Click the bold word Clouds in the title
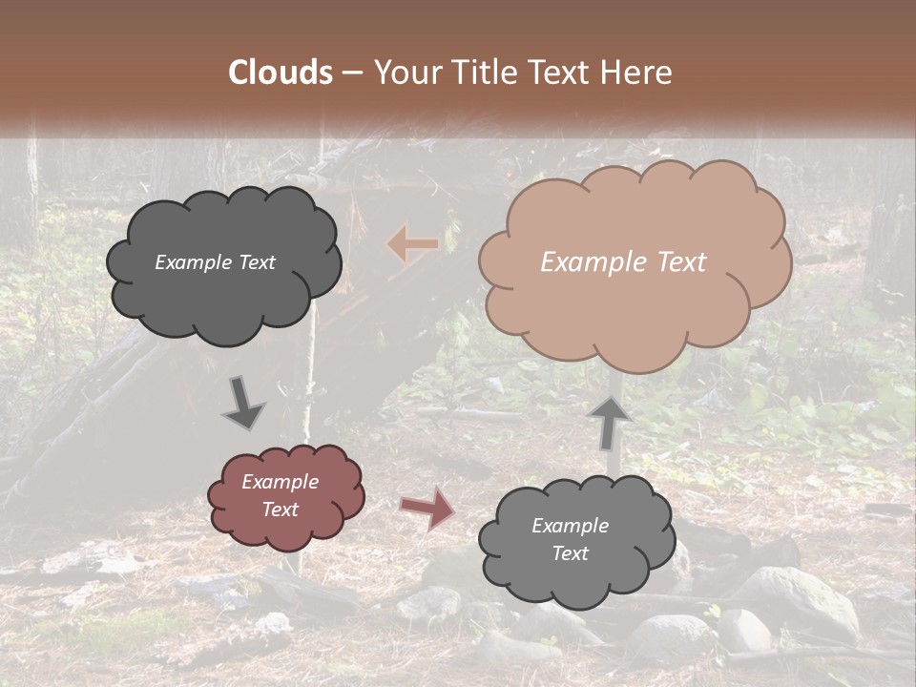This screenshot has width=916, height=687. tap(280, 73)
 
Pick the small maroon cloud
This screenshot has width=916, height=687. tap(286, 496)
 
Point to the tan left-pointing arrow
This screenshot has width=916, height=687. tap(413, 244)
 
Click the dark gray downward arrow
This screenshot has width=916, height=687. tap(243, 403)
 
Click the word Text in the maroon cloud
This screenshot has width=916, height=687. tap(280, 510)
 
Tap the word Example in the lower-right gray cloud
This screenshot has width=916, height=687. tap(570, 526)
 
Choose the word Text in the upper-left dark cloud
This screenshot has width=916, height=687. tap(256, 262)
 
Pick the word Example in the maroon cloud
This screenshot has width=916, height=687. tap(280, 482)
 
